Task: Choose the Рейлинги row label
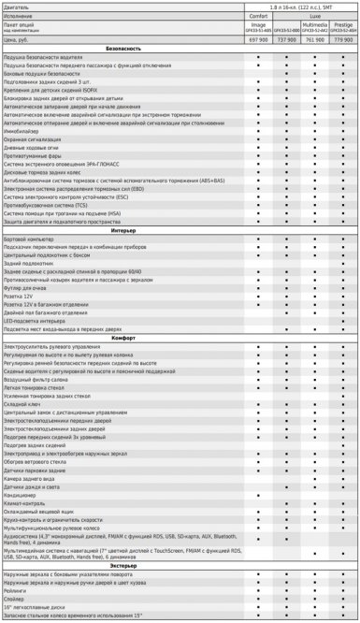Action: [17, 590]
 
